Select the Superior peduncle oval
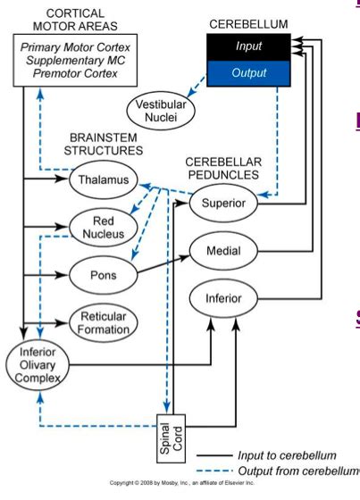(x=224, y=204)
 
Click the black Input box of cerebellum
(x=249, y=45)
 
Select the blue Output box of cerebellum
(x=249, y=72)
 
